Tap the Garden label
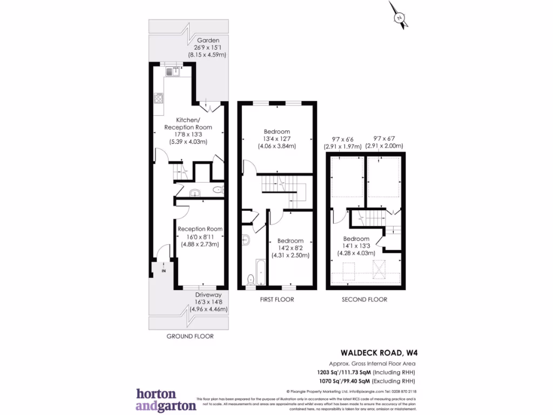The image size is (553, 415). (207, 41)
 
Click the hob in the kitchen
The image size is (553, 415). (159, 98)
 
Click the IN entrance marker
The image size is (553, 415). (163, 270)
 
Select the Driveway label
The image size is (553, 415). (208, 295)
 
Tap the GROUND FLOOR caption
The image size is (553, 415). (189, 336)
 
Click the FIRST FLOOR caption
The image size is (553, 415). (277, 299)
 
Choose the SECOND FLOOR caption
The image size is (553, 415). (365, 299)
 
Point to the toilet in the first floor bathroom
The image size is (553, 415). (250, 279)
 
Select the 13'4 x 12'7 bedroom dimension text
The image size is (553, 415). (276, 139)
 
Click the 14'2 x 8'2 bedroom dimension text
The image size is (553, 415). (290, 248)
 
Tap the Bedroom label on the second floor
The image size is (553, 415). (356, 239)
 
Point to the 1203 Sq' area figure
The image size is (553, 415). (328, 372)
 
